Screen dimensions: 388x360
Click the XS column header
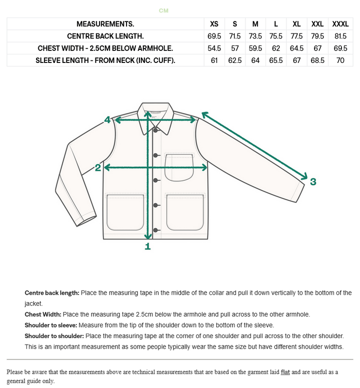214,24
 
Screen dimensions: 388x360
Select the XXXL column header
340,24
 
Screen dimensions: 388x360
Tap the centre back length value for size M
255,36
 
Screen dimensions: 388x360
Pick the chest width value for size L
276,48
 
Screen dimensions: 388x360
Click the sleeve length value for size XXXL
340,60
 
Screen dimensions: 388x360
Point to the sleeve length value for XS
214,60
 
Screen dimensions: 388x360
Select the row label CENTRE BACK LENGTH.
105,36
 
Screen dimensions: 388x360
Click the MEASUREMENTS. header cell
105,24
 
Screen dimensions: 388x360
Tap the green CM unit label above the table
163,10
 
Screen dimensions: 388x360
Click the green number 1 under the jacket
147,246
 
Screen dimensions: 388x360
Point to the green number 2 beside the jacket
98,168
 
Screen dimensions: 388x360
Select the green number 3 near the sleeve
313,182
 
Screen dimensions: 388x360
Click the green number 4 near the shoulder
107,119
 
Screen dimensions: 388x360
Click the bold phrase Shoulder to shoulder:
54,336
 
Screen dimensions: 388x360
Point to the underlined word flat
285,372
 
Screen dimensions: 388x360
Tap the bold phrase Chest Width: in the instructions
43,315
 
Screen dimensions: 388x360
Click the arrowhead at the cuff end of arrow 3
304,176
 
